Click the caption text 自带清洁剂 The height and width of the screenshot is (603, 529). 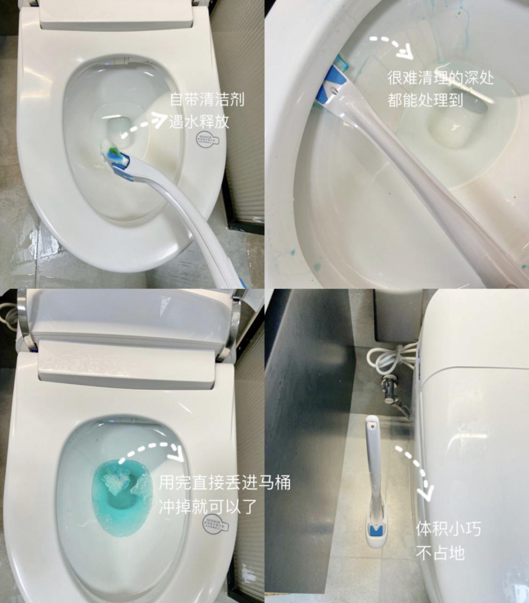(207, 100)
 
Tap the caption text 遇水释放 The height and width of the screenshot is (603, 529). (199, 122)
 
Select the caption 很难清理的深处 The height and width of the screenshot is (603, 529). (440, 78)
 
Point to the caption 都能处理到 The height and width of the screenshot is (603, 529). (425, 100)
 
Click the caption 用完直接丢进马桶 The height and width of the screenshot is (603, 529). (224, 483)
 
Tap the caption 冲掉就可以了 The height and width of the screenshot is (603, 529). (208, 507)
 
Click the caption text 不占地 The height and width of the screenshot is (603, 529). (440, 553)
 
